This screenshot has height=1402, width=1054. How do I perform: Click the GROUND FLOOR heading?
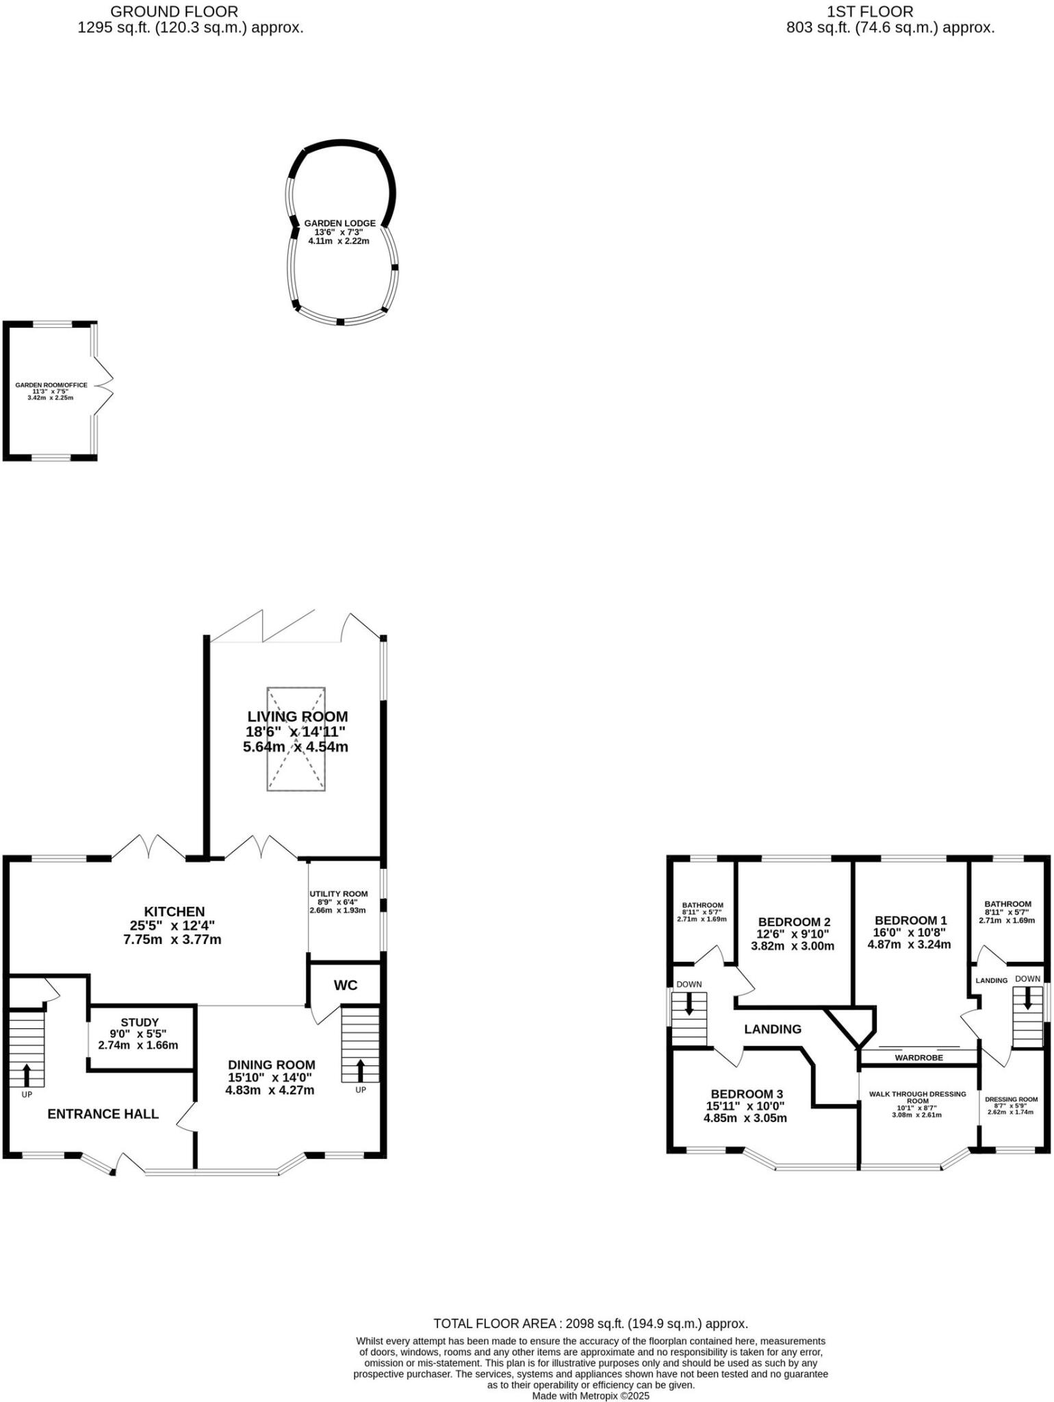(174, 11)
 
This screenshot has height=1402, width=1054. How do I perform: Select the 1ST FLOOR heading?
(870, 11)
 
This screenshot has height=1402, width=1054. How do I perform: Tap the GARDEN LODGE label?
(339, 223)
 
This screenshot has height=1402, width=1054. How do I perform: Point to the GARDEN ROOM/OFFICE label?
(51, 385)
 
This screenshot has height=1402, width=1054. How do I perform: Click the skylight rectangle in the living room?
(296, 739)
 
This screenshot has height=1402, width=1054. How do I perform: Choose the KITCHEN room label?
(174, 911)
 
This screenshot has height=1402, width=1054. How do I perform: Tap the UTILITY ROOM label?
(338, 893)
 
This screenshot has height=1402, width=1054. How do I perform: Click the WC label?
(346, 985)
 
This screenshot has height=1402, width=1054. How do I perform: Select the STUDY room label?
(140, 1021)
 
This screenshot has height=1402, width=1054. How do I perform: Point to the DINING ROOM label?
(271, 1065)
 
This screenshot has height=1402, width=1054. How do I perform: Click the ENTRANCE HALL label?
(103, 1114)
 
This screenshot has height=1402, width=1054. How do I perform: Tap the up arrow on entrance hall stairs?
(27, 1074)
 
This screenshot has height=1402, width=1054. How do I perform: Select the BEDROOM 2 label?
(794, 921)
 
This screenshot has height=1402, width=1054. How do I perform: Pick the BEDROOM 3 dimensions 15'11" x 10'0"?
(745, 1106)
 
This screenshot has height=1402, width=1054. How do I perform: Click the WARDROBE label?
(918, 1058)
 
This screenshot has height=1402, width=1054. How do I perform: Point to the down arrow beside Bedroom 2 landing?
(689, 1003)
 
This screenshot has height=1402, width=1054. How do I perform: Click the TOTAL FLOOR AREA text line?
(590, 1324)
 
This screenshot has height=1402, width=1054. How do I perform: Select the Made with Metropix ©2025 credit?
(590, 1395)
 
